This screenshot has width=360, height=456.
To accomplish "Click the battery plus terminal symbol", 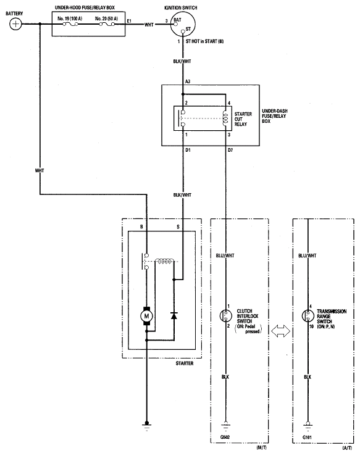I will point(15,24).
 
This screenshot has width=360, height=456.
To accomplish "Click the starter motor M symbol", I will point(147,316).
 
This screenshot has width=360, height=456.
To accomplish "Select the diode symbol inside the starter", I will point(174,315).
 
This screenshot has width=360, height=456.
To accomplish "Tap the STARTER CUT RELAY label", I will point(243,118).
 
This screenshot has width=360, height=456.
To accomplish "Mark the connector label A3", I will point(187,80).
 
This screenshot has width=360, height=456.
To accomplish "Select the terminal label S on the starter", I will point(179,227).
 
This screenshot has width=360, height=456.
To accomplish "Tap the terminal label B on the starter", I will point(141,227).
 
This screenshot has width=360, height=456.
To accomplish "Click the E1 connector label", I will point(130,20).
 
